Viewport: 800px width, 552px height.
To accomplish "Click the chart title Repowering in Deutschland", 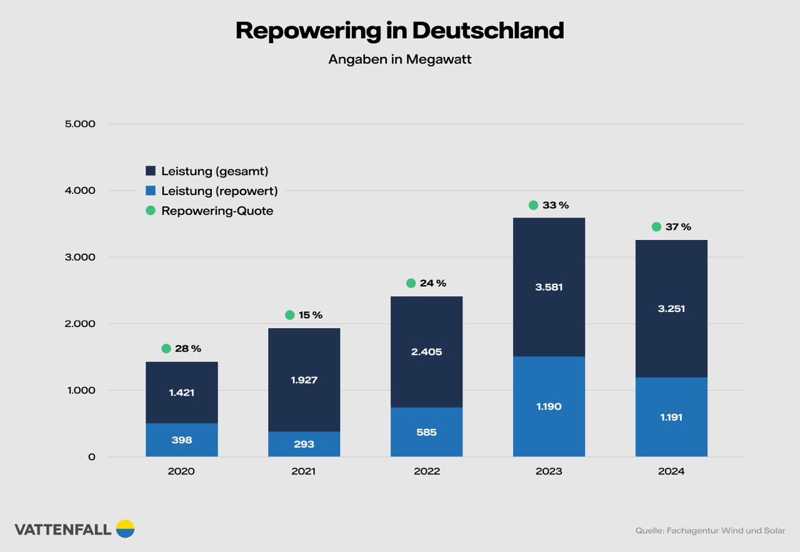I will coord(399,30).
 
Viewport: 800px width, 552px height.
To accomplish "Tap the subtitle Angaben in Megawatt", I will coord(399,59).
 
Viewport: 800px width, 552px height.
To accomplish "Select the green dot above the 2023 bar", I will coord(533,205).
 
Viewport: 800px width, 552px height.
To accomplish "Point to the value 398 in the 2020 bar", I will coord(181,440).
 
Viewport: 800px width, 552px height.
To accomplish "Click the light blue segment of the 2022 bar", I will coord(426,432).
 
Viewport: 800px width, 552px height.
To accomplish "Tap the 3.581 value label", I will coord(549,288).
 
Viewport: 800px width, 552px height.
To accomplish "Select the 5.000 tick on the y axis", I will coord(80,124).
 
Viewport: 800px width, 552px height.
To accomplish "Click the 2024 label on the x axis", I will coord(671,471).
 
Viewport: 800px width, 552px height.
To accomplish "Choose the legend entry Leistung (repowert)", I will coord(219,191).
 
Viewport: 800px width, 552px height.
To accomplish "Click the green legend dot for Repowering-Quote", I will coord(151,211).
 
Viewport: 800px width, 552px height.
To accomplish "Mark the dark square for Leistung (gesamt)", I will coord(151,171).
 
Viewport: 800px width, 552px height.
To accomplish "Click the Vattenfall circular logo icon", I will coord(125,529).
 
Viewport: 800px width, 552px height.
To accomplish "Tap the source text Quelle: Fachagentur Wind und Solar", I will coord(710,531).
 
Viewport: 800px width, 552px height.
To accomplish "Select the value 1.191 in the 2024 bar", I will coord(671,417).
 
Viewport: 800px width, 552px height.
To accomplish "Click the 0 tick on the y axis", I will coord(91,457).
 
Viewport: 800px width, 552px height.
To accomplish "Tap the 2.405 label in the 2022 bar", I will coord(426,352).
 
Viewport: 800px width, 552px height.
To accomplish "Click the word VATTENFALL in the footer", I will coord(62,529).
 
